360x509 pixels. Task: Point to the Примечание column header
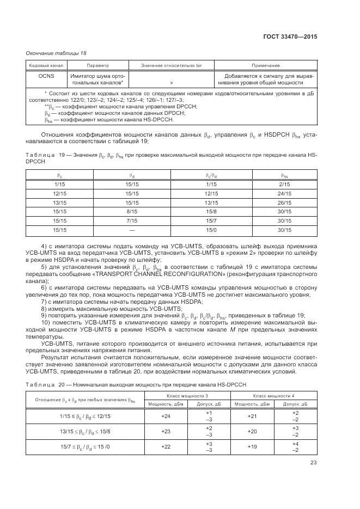265,65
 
